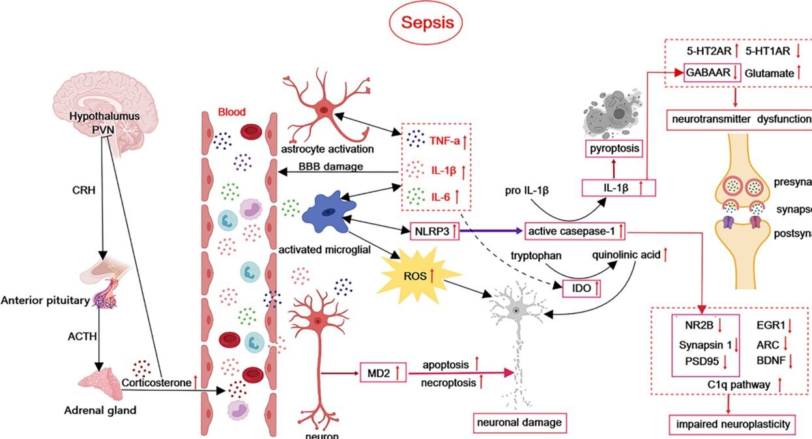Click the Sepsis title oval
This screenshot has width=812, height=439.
point(426,23)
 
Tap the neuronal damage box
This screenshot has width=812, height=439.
point(518,422)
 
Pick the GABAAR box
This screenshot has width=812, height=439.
point(710,74)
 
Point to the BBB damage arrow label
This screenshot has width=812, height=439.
point(330,167)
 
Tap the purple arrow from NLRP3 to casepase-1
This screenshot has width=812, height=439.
point(491,231)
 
